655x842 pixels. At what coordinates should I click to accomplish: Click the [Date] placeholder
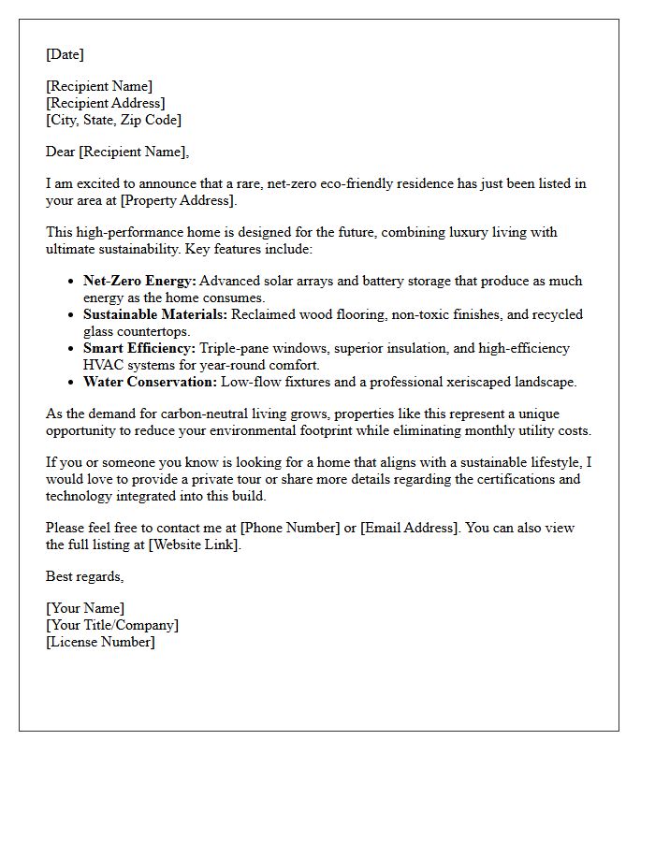[65, 54]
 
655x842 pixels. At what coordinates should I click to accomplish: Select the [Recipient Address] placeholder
[106, 103]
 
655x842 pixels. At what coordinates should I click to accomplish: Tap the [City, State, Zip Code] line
[113, 120]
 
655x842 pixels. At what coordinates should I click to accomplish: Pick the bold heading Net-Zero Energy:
[139, 281]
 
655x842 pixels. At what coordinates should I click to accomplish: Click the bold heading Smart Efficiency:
[139, 348]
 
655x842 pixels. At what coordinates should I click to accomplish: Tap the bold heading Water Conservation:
[150, 382]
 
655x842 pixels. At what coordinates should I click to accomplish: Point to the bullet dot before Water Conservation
[72, 382]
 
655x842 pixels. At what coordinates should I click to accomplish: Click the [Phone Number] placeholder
[290, 528]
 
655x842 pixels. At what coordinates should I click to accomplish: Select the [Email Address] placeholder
[410, 528]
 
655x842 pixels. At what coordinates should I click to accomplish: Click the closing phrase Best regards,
[84, 576]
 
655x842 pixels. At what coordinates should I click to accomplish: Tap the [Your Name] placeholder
[85, 608]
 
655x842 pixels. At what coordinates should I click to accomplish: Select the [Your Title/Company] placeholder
[112, 625]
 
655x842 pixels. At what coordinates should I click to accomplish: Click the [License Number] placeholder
[100, 642]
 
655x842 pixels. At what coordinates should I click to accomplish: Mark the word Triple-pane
[237, 348]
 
